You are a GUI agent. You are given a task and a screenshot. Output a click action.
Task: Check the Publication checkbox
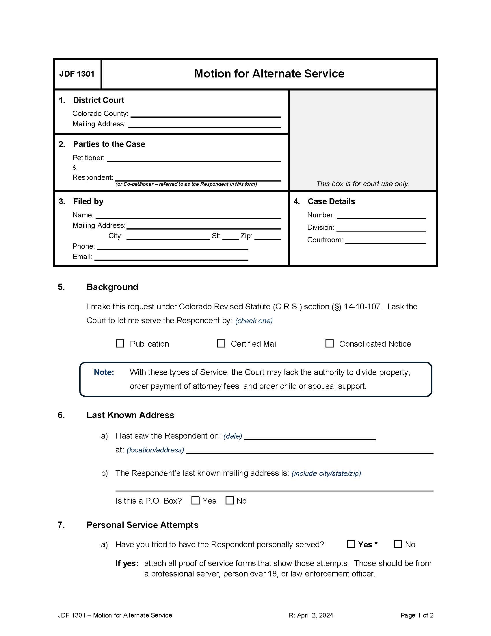[120, 343]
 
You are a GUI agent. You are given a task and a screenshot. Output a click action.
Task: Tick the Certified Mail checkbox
[221, 343]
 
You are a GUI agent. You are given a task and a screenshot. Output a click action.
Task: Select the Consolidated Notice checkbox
[329, 343]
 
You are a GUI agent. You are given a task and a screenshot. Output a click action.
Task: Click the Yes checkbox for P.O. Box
[196, 500]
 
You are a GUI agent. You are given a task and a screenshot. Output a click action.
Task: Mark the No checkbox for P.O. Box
[230, 500]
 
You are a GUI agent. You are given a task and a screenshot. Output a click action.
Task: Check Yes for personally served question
[351, 544]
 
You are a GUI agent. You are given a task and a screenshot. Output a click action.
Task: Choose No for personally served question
[398, 544]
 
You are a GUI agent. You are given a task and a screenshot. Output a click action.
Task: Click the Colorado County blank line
[205, 114]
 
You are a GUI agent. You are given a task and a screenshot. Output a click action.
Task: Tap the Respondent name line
[198, 178]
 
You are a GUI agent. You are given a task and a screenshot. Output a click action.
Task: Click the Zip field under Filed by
[267, 236]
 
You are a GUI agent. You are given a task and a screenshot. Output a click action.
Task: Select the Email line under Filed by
[171, 257]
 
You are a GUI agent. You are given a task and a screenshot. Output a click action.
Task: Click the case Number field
[381, 215]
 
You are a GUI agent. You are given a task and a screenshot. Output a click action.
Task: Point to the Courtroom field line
[385, 240]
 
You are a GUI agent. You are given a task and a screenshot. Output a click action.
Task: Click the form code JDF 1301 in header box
[77, 74]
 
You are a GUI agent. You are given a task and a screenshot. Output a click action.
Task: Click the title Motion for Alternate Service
[269, 74]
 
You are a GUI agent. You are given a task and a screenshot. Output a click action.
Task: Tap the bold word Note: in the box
[104, 372]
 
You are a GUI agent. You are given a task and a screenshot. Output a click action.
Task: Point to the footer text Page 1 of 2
[416, 615]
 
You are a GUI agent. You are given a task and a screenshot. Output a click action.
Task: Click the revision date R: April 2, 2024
[311, 615]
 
